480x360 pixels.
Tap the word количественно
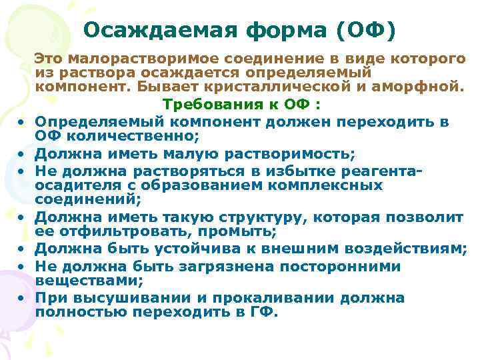coord(126,137)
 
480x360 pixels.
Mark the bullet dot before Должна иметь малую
coord(22,155)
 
